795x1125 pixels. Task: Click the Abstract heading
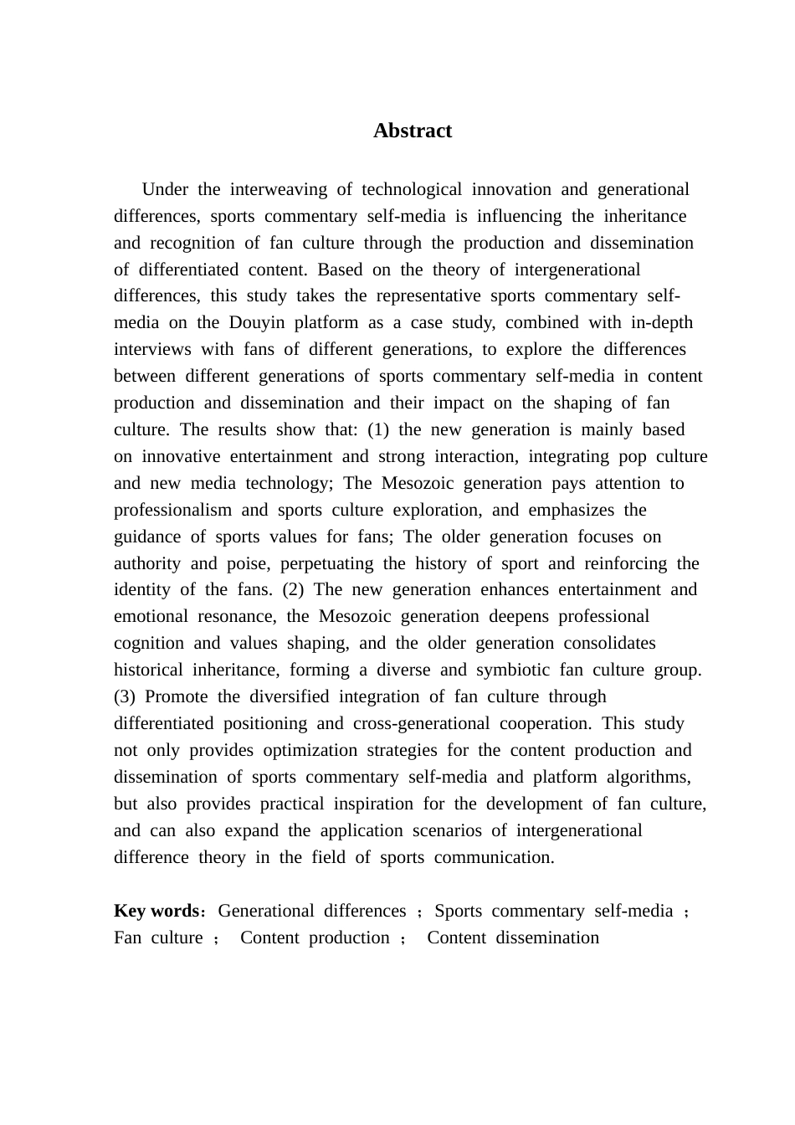click(x=412, y=131)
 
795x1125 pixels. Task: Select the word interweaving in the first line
click(x=278, y=190)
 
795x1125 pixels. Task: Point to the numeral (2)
click(x=293, y=590)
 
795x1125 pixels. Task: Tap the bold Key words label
click(x=156, y=912)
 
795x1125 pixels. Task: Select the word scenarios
click(x=447, y=831)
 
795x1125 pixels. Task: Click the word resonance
click(x=237, y=617)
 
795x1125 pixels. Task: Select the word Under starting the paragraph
click(x=165, y=190)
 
